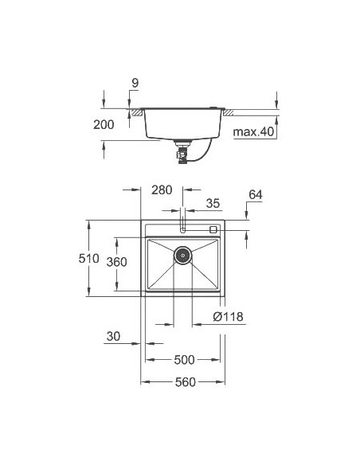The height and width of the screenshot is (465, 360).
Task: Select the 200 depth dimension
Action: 104,124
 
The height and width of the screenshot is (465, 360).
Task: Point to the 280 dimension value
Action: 161,190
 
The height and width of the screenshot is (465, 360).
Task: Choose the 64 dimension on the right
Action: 255,194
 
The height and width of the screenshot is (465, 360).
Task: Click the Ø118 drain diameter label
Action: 229,318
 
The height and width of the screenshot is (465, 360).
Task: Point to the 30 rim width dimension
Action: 113,337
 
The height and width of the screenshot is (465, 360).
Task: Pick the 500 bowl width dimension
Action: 183,360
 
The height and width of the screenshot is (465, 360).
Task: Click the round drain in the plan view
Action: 183,256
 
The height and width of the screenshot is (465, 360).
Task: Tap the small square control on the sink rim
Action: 213,229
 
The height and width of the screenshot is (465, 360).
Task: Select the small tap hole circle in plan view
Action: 183,229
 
